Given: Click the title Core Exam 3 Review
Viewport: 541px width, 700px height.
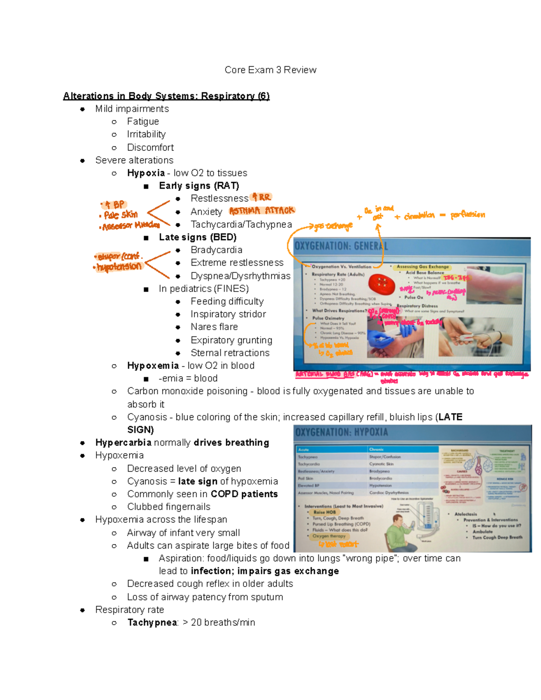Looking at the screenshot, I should (270, 70).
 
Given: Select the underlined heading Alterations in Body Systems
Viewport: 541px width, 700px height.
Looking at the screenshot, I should (166, 96).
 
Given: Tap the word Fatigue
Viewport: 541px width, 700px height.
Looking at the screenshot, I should (143, 122).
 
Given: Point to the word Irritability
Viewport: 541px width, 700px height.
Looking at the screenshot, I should (146, 134).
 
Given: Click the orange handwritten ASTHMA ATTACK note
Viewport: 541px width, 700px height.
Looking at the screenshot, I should (262, 211).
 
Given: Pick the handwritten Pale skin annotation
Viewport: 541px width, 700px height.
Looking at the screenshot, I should (120, 215).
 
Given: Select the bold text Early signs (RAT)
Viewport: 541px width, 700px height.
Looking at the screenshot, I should (199, 186).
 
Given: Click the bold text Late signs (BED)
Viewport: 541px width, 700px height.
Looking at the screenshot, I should (197, 237).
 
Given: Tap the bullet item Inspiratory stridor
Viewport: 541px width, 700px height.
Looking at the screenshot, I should (228, 314).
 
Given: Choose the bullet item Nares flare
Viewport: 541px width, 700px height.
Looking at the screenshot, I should (214, 327).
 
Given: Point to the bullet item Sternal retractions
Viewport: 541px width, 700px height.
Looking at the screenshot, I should (230, 353).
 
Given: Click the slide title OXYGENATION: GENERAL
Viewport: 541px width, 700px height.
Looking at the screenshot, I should (341, 246).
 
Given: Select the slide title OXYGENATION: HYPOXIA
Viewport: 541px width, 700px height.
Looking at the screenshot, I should (341, 432).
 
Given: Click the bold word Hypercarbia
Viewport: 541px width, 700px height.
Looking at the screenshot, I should (123, 443).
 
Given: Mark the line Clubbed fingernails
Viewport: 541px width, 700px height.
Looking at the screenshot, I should (169, 507).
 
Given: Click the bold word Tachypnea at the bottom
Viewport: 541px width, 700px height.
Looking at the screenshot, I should (152, 623).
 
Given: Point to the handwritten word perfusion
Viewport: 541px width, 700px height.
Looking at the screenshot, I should (468, 215).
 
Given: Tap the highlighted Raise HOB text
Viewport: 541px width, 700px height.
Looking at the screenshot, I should (325, 512).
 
